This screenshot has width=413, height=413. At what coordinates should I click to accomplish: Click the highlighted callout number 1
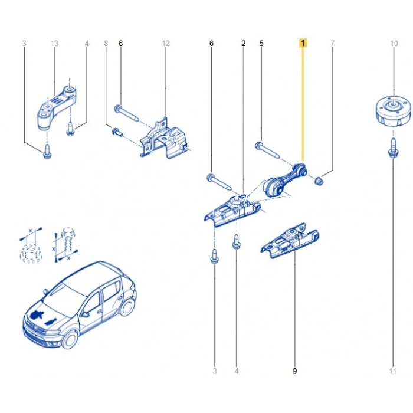tap(303, 43)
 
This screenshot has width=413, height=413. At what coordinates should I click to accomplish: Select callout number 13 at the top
tap(54, 43)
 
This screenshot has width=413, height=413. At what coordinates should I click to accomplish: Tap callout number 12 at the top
tap(166, 43)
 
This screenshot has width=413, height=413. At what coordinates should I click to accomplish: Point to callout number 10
tap(394, 43)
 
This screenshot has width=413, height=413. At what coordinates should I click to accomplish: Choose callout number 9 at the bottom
tap(295, 371)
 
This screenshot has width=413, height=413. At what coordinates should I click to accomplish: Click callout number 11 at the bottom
tap(393, 371)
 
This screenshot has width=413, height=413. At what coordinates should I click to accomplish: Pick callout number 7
tap(332, 43)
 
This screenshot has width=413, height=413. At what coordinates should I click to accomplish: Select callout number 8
tap(106, 43)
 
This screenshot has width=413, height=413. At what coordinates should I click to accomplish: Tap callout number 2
tap(243, 43)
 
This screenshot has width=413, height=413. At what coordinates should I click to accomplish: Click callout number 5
tap(261, 43)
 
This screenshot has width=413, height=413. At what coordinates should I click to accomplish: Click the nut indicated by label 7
tap(319, 181)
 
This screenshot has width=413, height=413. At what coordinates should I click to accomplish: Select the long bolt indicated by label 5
tap(267, 150)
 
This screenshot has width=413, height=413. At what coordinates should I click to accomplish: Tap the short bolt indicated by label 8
tap(117, 132)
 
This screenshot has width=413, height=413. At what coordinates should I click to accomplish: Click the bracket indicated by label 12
tap(163, 141)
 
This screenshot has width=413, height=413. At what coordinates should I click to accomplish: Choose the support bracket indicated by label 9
tap(290, 241)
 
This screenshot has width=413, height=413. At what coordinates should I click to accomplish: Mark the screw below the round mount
tap(393, 148)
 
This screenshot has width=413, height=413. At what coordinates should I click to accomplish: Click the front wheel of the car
tap(70, 339)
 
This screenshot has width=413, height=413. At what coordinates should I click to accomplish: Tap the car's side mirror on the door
tap(85, 314)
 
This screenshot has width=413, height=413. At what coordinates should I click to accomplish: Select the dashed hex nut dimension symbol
tap(31, 253)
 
